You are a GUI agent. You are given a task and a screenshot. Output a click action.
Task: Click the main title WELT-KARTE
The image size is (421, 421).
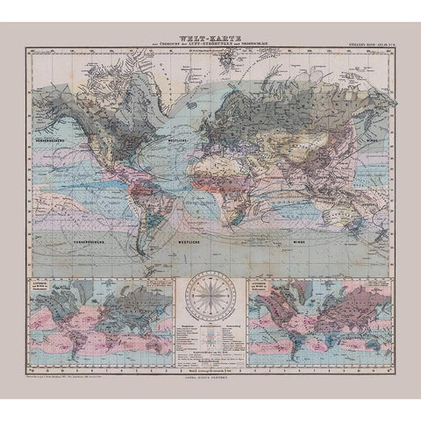click(210, 37)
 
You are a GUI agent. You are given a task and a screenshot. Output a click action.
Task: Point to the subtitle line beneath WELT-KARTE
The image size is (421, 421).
click(210, 44)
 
